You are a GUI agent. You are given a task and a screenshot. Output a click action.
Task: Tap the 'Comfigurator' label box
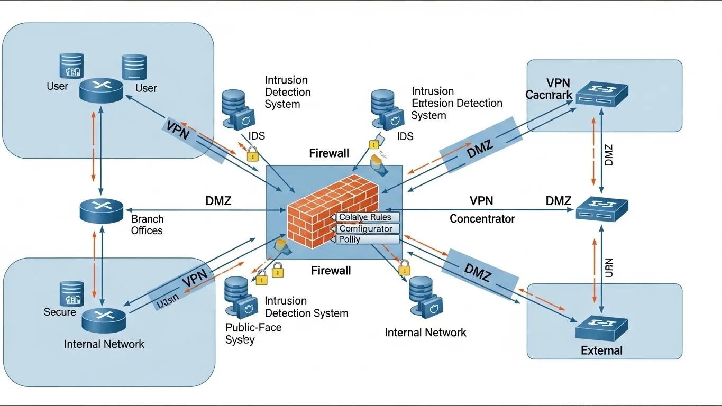coord(367,229)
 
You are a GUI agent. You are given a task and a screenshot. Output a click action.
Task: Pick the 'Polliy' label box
coord(367,239)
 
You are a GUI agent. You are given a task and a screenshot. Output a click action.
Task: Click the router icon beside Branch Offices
coord(101,210)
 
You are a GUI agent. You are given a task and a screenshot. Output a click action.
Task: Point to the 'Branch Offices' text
coord(147,225)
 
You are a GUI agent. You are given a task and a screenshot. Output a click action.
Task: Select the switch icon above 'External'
coord(602,328)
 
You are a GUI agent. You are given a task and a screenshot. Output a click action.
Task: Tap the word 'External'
coord(601,350)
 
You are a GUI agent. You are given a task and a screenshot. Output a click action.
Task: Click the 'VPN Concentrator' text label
coord(481,210)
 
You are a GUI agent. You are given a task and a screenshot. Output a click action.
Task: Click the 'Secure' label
coord(60,312)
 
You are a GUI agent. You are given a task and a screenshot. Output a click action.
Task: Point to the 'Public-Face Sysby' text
coord(253,333)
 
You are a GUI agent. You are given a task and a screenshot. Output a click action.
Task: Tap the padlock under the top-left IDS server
coord(253,154)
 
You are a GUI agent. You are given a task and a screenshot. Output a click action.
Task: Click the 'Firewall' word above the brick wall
coord(329,153)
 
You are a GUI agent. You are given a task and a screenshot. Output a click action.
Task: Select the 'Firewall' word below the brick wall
coord(331,271)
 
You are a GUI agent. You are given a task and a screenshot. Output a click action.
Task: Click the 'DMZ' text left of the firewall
coord(218,201)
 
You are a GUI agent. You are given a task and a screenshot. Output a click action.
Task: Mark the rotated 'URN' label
coord(608,267)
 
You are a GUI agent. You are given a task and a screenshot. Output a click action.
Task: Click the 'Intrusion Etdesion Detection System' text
coord(456,103)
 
